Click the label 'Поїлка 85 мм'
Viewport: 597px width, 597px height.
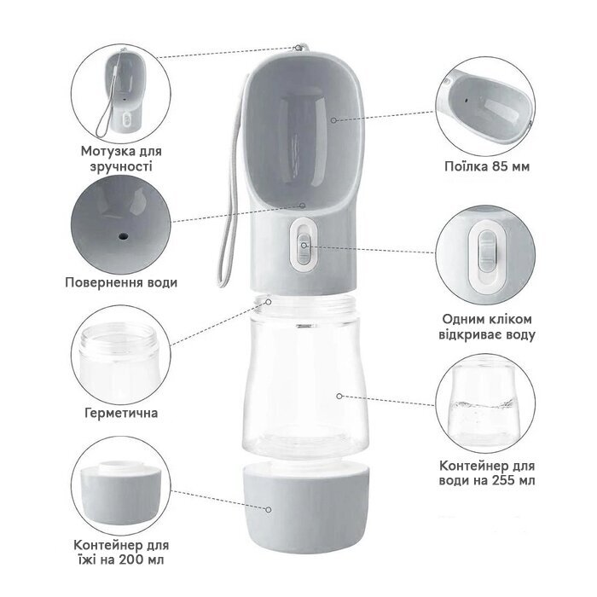pyautogui.click(x=487, y=167)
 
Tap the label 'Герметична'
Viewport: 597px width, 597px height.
pyautogui.click(x=121, y=413)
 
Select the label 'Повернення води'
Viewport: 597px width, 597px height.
pyautogui.click(x=121, y=282)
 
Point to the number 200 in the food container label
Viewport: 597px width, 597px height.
pyautogui.click(x=131, y=559)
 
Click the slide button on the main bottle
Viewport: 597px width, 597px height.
pyautogui.click(x=304, y=245)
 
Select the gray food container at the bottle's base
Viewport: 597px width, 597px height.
pyautogui.click(x=305, y=507)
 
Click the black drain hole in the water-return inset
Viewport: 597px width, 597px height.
pyautogui.click(x=123, y=236)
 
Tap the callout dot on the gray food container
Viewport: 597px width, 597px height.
pyautogui.click(x=269, y=509)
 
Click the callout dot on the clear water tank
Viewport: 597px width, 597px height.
pyautogui.click(x=339, y=397)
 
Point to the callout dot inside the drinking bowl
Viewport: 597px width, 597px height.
pyautogui.click(x=333, y=120)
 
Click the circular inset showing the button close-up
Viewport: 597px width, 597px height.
pyautogui.click(x=485, y=254)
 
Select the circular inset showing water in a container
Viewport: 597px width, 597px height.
pyautogui.click(x=485, y=403)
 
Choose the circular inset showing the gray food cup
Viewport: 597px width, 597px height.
pyautogui.click(x=121, y=486)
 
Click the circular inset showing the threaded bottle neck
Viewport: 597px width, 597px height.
pyautogui.click(x=121, y=355)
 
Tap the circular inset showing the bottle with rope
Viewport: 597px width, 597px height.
pyautogui.click(x=121, y=93)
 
